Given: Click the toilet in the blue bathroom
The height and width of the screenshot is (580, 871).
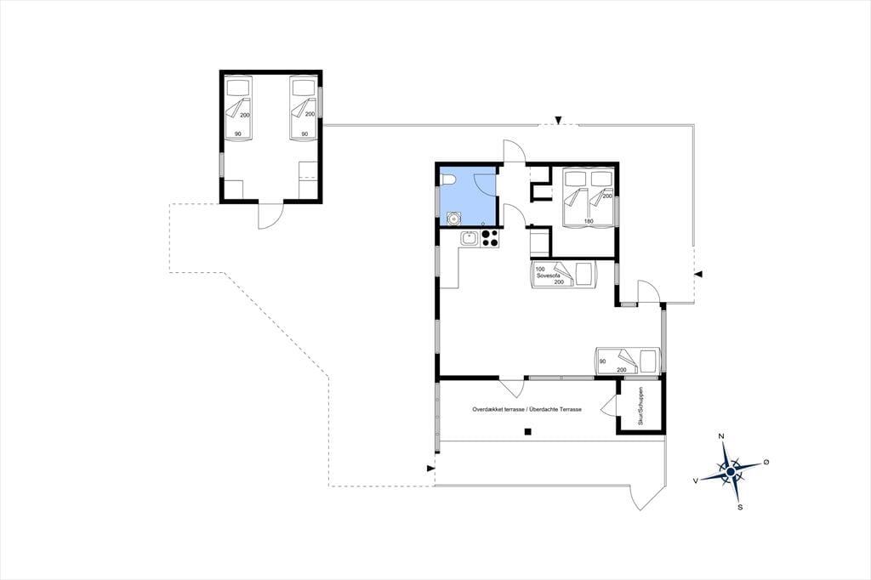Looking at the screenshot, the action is [x=448, y=179].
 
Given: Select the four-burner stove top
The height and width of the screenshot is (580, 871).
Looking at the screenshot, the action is [x=490, y=238].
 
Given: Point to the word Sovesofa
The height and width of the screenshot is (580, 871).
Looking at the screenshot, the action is [x=547, y=276].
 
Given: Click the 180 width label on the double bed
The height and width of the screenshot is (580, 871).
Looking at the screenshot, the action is [x=589, y=222].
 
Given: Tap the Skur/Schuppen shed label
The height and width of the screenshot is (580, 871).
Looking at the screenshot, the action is [x=640, y=407].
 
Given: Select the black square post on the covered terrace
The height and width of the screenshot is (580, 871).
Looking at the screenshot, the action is [x=529, y=432].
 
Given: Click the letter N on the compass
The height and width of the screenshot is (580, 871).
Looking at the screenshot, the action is [x=721, y=436].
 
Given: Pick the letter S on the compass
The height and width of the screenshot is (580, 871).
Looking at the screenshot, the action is [x=740, y=507].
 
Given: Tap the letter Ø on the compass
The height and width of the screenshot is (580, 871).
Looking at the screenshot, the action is [x=766, y=462].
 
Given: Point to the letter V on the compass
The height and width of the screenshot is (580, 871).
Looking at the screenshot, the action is [x=696, y=481].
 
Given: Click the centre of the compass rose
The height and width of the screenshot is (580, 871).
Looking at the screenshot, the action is [x=731, y=472].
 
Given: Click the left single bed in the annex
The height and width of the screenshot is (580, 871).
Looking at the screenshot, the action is [x=239, y=108].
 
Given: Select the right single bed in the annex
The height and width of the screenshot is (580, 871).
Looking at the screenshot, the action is [x=305, y=108].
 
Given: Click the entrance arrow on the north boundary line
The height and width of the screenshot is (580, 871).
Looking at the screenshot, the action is [x=558, y=120].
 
